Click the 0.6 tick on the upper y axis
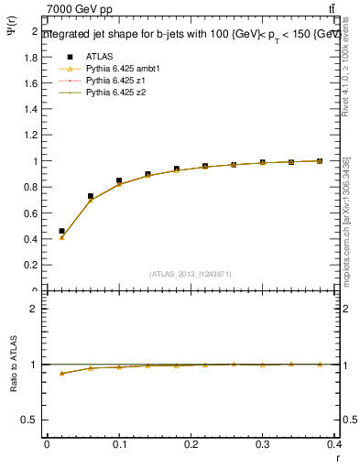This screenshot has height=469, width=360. [31, 213]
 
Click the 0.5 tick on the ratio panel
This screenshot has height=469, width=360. [31, 420]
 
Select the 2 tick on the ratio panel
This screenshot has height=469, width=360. [35, 309]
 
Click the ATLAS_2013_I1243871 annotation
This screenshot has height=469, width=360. [191, 274]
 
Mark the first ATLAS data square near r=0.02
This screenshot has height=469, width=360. [61, 232]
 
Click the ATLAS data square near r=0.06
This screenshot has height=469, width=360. [90, 196]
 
